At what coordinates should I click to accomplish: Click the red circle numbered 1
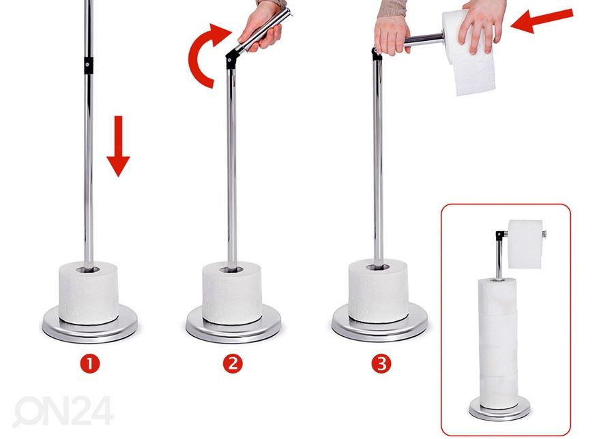coord(90,364)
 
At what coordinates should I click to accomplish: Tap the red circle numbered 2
coord(233,364)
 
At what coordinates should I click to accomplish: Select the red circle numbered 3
coord(381,364)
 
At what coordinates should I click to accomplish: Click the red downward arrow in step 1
coord(118,146)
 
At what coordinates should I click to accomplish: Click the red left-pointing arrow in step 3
coord(542,20)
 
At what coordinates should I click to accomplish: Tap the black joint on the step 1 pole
coord(89,65)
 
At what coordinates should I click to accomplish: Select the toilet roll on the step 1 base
coord(89,293)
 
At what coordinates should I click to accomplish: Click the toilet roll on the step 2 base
coord(232,293)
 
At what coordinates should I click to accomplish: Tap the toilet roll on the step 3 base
coord(378,292)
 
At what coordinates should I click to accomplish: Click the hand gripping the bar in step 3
coord(392,33)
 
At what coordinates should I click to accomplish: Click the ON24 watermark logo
coord(63,411)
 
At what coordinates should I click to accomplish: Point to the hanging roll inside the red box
coord(525,244)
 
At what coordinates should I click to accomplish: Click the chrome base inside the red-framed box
coord(499,409)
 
